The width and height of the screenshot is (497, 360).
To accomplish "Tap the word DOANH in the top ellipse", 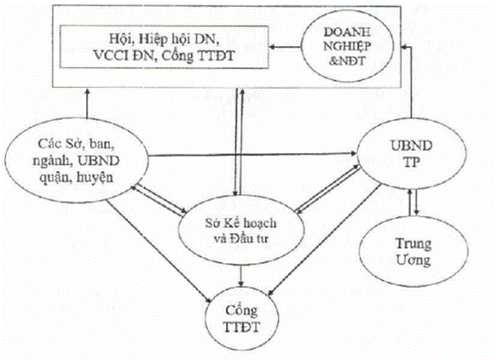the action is [x=347, y=32].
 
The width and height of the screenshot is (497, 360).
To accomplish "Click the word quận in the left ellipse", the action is [x=54, y=177].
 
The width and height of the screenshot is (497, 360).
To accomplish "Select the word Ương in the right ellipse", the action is [x=414, y=261].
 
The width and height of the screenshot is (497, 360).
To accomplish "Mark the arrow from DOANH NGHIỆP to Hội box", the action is [x=285, y=48].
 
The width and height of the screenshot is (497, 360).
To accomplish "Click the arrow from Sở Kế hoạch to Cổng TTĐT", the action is [x=241, y=276].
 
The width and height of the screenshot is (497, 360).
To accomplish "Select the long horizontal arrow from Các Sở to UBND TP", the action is [x=252, y=154].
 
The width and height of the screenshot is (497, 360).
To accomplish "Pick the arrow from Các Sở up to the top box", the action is [x=88, y=103].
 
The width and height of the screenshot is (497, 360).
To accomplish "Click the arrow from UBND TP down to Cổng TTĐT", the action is [x=325, y=239].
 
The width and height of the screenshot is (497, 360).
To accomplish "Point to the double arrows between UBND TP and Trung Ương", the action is [x=413, y=203].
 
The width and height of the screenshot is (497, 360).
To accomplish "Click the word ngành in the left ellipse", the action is [x=52, y=161].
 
